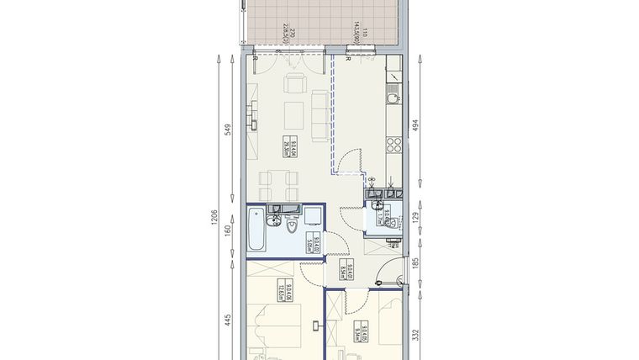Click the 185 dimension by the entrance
click(415, 266)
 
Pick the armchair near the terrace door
click(294, 85)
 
